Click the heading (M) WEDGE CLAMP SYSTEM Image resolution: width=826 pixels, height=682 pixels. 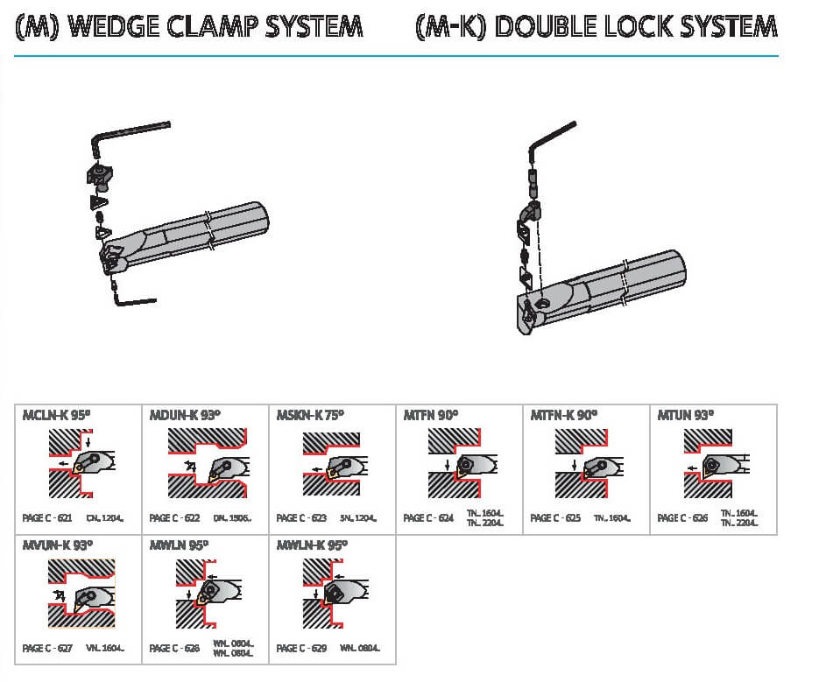point(188,26)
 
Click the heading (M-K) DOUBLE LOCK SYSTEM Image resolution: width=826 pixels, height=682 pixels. point(596,26)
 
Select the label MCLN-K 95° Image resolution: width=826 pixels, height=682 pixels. point(57,416)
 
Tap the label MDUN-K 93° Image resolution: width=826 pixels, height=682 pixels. point(185,416)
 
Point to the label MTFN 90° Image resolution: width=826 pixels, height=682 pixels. point(431,416)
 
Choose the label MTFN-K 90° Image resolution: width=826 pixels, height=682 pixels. point(564,416)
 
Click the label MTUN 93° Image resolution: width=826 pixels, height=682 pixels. point(686,416)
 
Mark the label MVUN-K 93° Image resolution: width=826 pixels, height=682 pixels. point(57,545)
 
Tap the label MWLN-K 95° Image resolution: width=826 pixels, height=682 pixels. point(312,545)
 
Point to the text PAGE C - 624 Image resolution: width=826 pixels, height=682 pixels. point(428,518)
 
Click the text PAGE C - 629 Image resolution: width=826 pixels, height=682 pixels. point(301,649)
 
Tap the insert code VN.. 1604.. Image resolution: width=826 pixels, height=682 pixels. point(105,649)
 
